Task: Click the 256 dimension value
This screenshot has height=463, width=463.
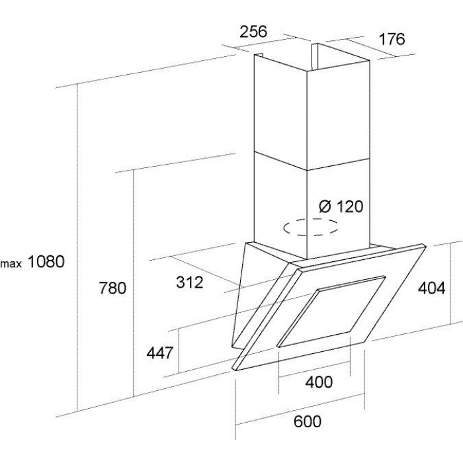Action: click(252, 31)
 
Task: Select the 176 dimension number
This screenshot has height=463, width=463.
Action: click(391, 39)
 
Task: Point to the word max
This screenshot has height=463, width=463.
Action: click(13, 263)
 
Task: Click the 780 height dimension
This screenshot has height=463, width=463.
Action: click(112, 288)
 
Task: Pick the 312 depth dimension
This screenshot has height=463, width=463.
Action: click(189, 282)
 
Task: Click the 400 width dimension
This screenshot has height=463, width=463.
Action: click(319, 382)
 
